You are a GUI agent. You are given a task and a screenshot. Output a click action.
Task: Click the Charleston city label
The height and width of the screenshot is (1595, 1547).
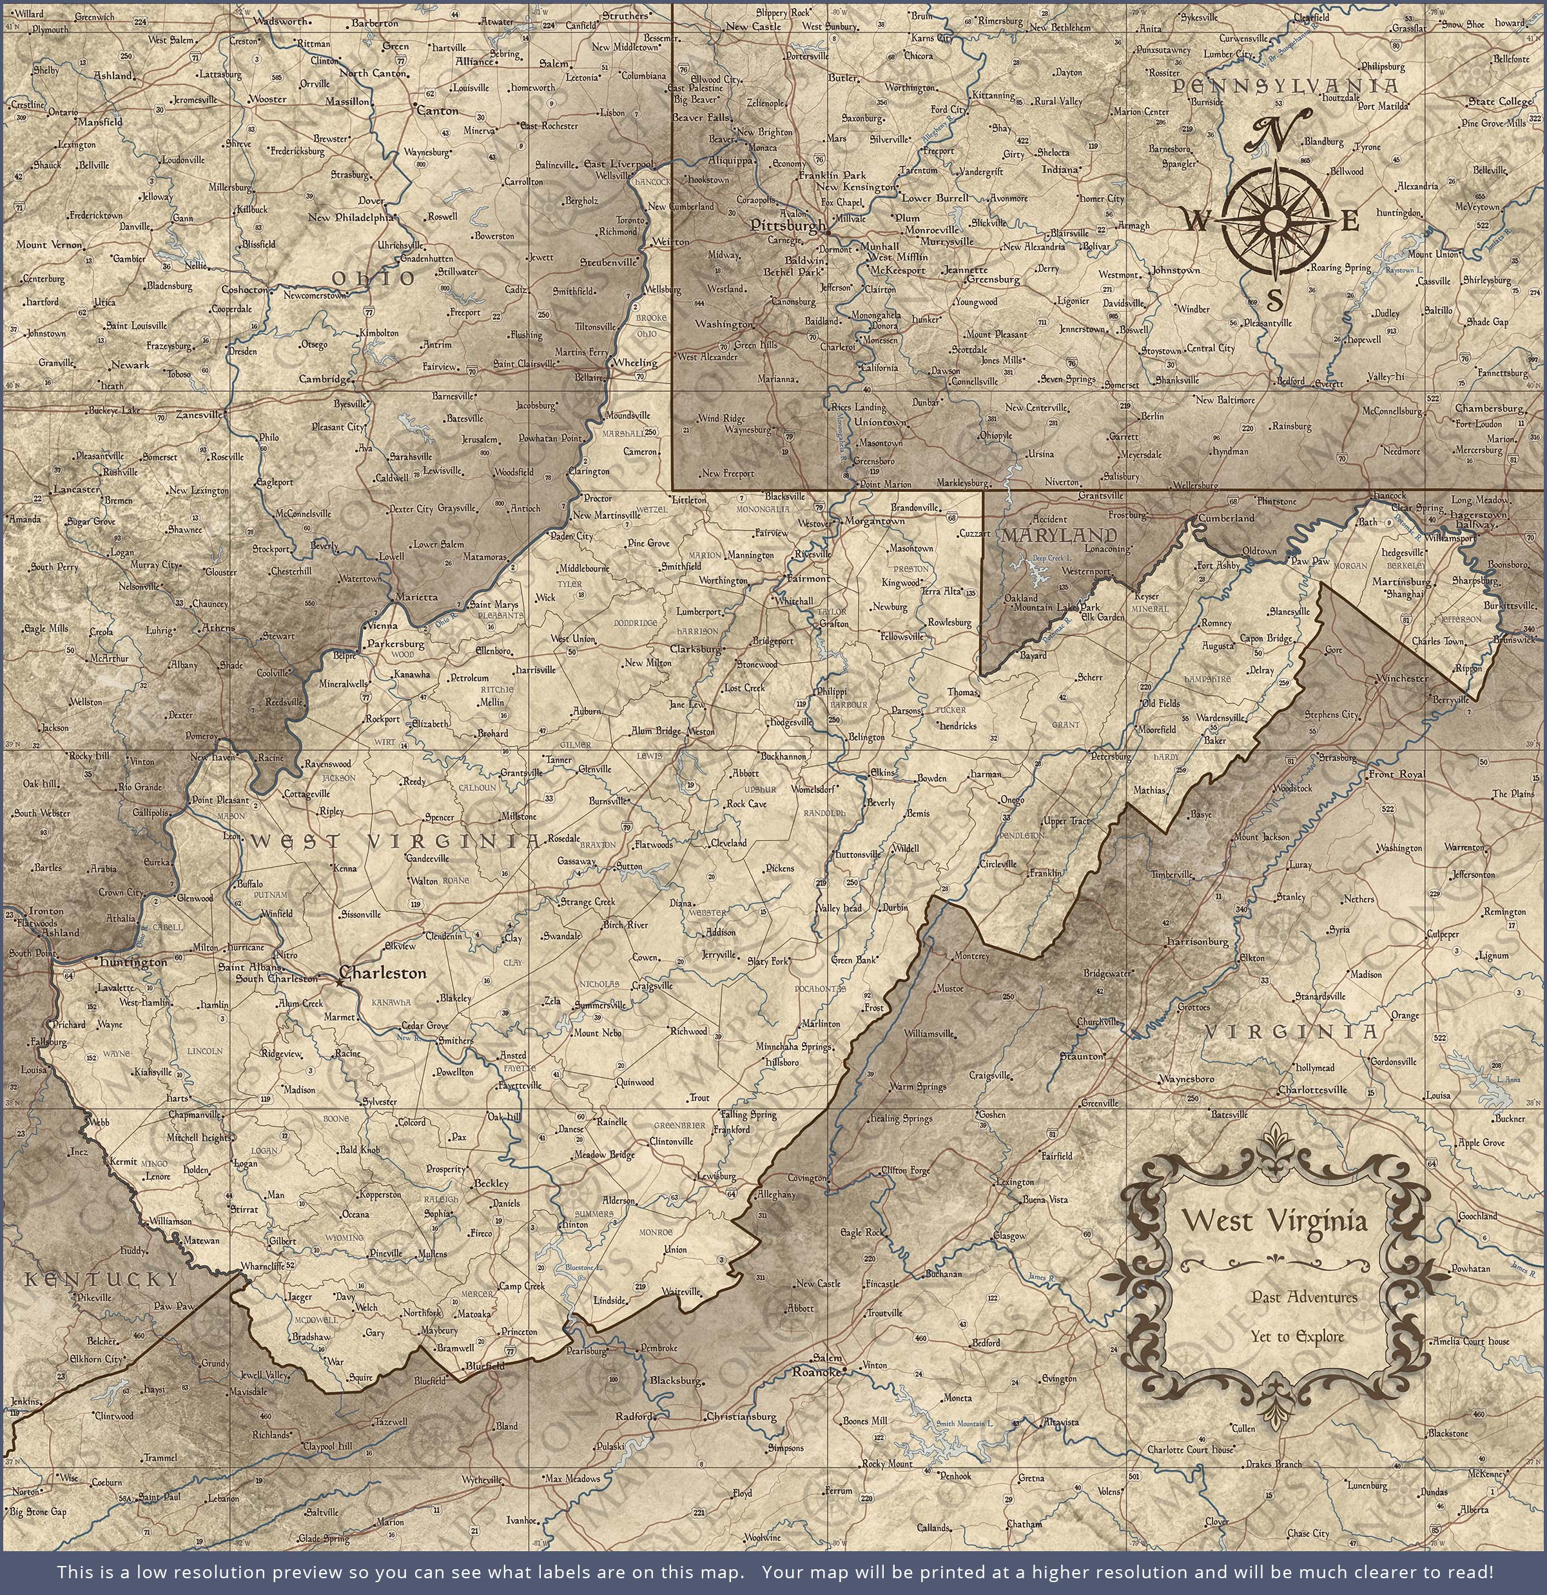click(382, 972)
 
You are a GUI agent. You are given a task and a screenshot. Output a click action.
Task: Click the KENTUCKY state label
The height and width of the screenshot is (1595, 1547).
click(101, 1278)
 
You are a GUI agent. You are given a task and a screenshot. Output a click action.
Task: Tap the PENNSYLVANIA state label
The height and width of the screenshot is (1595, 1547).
click(1286, 86)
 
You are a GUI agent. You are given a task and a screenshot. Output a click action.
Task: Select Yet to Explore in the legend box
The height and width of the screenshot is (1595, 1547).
click(1297, 1335)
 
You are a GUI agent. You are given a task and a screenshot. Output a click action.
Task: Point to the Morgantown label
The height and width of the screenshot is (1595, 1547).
click(874, 521)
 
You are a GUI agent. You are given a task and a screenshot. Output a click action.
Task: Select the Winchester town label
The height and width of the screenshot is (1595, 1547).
click(1401, 678)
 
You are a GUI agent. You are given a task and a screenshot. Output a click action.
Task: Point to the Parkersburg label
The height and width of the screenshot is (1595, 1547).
click(396, 643)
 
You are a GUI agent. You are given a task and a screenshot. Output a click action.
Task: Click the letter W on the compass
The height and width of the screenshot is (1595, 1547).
click(1196, 220)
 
